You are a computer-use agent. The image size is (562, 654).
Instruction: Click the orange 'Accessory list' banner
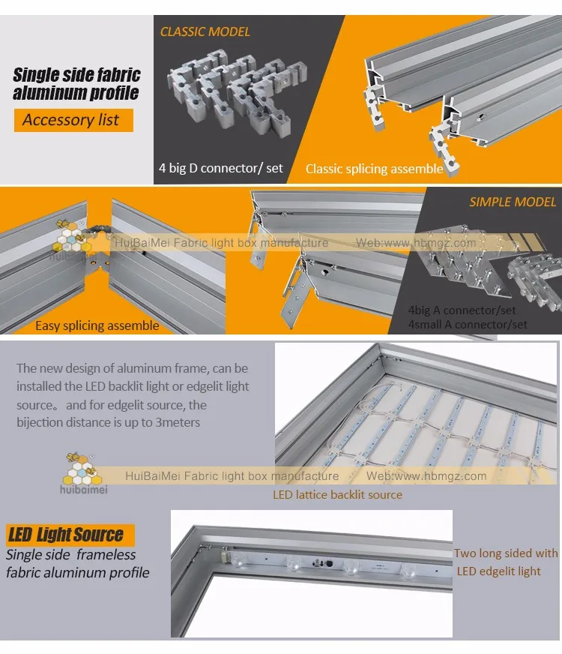pos(73,120)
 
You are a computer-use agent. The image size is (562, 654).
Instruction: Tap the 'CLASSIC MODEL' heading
pos(205,31)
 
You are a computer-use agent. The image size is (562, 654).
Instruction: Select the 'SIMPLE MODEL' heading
pos(513,202)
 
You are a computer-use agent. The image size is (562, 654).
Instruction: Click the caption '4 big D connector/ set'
pos(221,168)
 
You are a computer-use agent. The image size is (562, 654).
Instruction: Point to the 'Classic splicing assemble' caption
pos(374,169)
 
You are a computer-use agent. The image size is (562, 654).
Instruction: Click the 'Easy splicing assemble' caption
pos(97,325)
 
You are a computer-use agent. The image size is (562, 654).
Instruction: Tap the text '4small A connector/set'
pos(468,325)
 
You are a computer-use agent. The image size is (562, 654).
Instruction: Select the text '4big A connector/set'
pos(462,310)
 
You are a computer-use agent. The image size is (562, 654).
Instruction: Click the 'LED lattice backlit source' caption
pos(337,495)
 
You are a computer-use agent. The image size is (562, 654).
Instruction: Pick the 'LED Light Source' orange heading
pos(70,535)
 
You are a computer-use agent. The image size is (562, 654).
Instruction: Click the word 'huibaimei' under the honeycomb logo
pos(84,489)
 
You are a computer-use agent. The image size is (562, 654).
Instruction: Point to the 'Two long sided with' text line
pos(506,553)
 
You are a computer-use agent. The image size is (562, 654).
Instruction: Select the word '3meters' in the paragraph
pos(178,422)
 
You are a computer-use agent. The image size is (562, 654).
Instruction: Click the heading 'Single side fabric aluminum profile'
pos(76,84)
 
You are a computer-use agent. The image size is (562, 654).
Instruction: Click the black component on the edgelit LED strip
pos(329,563)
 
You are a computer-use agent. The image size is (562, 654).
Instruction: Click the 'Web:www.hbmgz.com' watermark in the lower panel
pos(426,476)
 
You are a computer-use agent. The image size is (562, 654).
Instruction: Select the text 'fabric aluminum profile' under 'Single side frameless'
pos(77,573)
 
